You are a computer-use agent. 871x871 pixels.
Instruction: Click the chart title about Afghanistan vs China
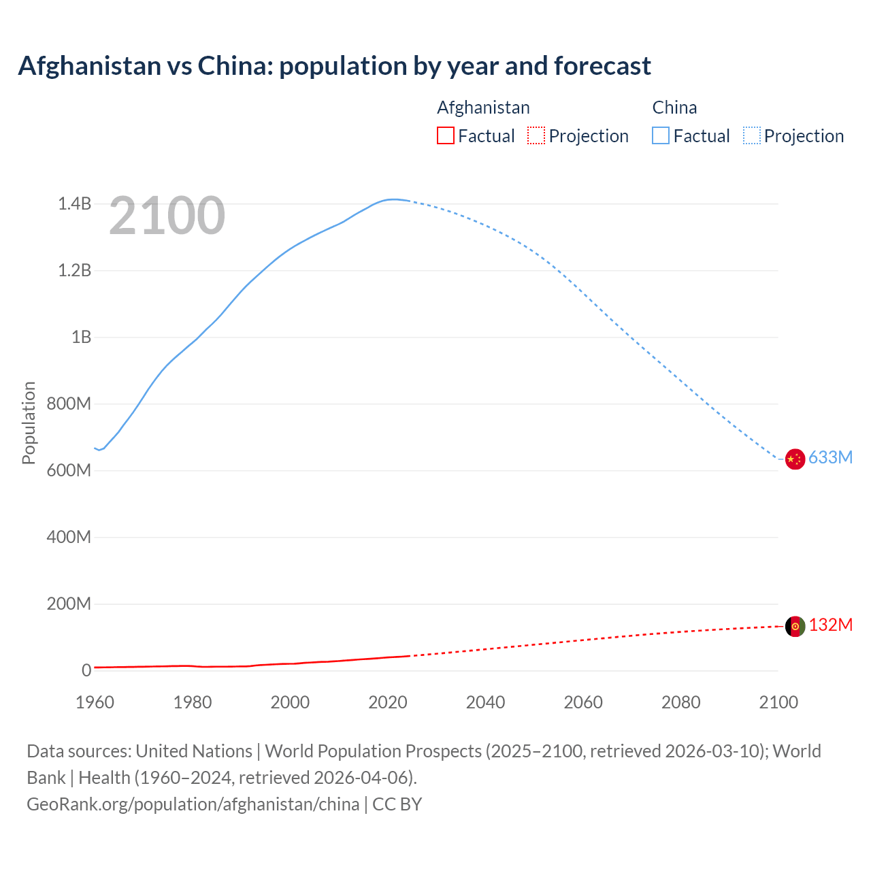click(x=334, y=66)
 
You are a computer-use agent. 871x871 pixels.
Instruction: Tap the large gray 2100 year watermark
click(x=167, y=216)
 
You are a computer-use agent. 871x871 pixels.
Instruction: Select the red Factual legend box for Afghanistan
click(x=446, y=135)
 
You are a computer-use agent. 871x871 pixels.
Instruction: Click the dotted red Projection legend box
click(x=536, y=135)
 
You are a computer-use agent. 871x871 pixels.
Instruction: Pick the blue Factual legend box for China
click(x=661, y=135)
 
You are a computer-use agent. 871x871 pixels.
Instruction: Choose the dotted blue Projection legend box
click(x=752, y=135)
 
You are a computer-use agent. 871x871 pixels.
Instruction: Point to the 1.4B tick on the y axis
click(x=74, y=203)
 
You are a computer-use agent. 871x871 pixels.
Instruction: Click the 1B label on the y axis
click(x=81, y=337)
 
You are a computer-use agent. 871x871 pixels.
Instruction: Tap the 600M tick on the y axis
click(x=69, y=470)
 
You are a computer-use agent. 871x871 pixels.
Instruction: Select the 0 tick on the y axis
click(x=86, y=670)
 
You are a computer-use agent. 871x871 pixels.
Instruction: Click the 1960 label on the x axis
click(x=95, y=702)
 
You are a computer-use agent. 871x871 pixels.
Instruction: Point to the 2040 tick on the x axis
click(x=485, y=702)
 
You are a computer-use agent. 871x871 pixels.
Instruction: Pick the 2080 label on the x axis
click(x=680, y=702)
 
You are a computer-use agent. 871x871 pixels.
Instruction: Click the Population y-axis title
click(x=29, y=423)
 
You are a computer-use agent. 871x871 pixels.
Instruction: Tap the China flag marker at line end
click(x=795, y=459)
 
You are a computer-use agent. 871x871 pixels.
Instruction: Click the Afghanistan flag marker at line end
click(x=795, y=627)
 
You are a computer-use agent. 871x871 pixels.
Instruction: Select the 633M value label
click(x=830, y=457)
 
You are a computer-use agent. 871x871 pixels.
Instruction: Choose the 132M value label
click(x=830, y=625)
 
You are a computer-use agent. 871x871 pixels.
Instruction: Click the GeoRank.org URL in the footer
click(x=193, y=804)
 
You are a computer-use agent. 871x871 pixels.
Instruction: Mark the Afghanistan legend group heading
click(x=483, y=108)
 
